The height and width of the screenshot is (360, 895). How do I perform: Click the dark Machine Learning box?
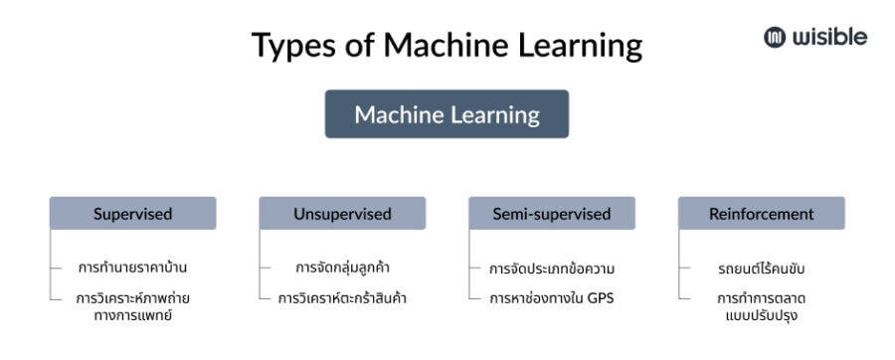447,114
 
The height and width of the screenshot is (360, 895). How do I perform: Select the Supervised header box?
133,214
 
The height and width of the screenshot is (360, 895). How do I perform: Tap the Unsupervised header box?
342,214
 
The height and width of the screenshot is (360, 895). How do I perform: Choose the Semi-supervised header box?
552,214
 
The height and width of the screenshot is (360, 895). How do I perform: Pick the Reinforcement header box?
761,214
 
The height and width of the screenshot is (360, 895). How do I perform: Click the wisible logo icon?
775,38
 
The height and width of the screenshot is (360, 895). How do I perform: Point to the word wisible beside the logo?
829,38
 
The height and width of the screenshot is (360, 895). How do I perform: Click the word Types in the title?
292,47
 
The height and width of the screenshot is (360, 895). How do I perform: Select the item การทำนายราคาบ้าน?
133,268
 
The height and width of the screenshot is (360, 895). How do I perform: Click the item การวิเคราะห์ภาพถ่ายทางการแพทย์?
133,306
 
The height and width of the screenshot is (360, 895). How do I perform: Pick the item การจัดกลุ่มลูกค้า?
342,268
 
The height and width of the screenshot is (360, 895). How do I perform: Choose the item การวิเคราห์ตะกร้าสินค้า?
342,297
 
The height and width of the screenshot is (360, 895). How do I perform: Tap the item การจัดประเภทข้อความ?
552,268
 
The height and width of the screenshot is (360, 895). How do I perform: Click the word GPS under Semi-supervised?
600,297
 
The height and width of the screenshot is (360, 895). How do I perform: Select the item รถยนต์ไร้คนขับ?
761,268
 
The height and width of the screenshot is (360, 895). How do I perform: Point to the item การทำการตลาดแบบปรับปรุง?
761,306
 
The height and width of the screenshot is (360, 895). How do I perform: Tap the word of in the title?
361,47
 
